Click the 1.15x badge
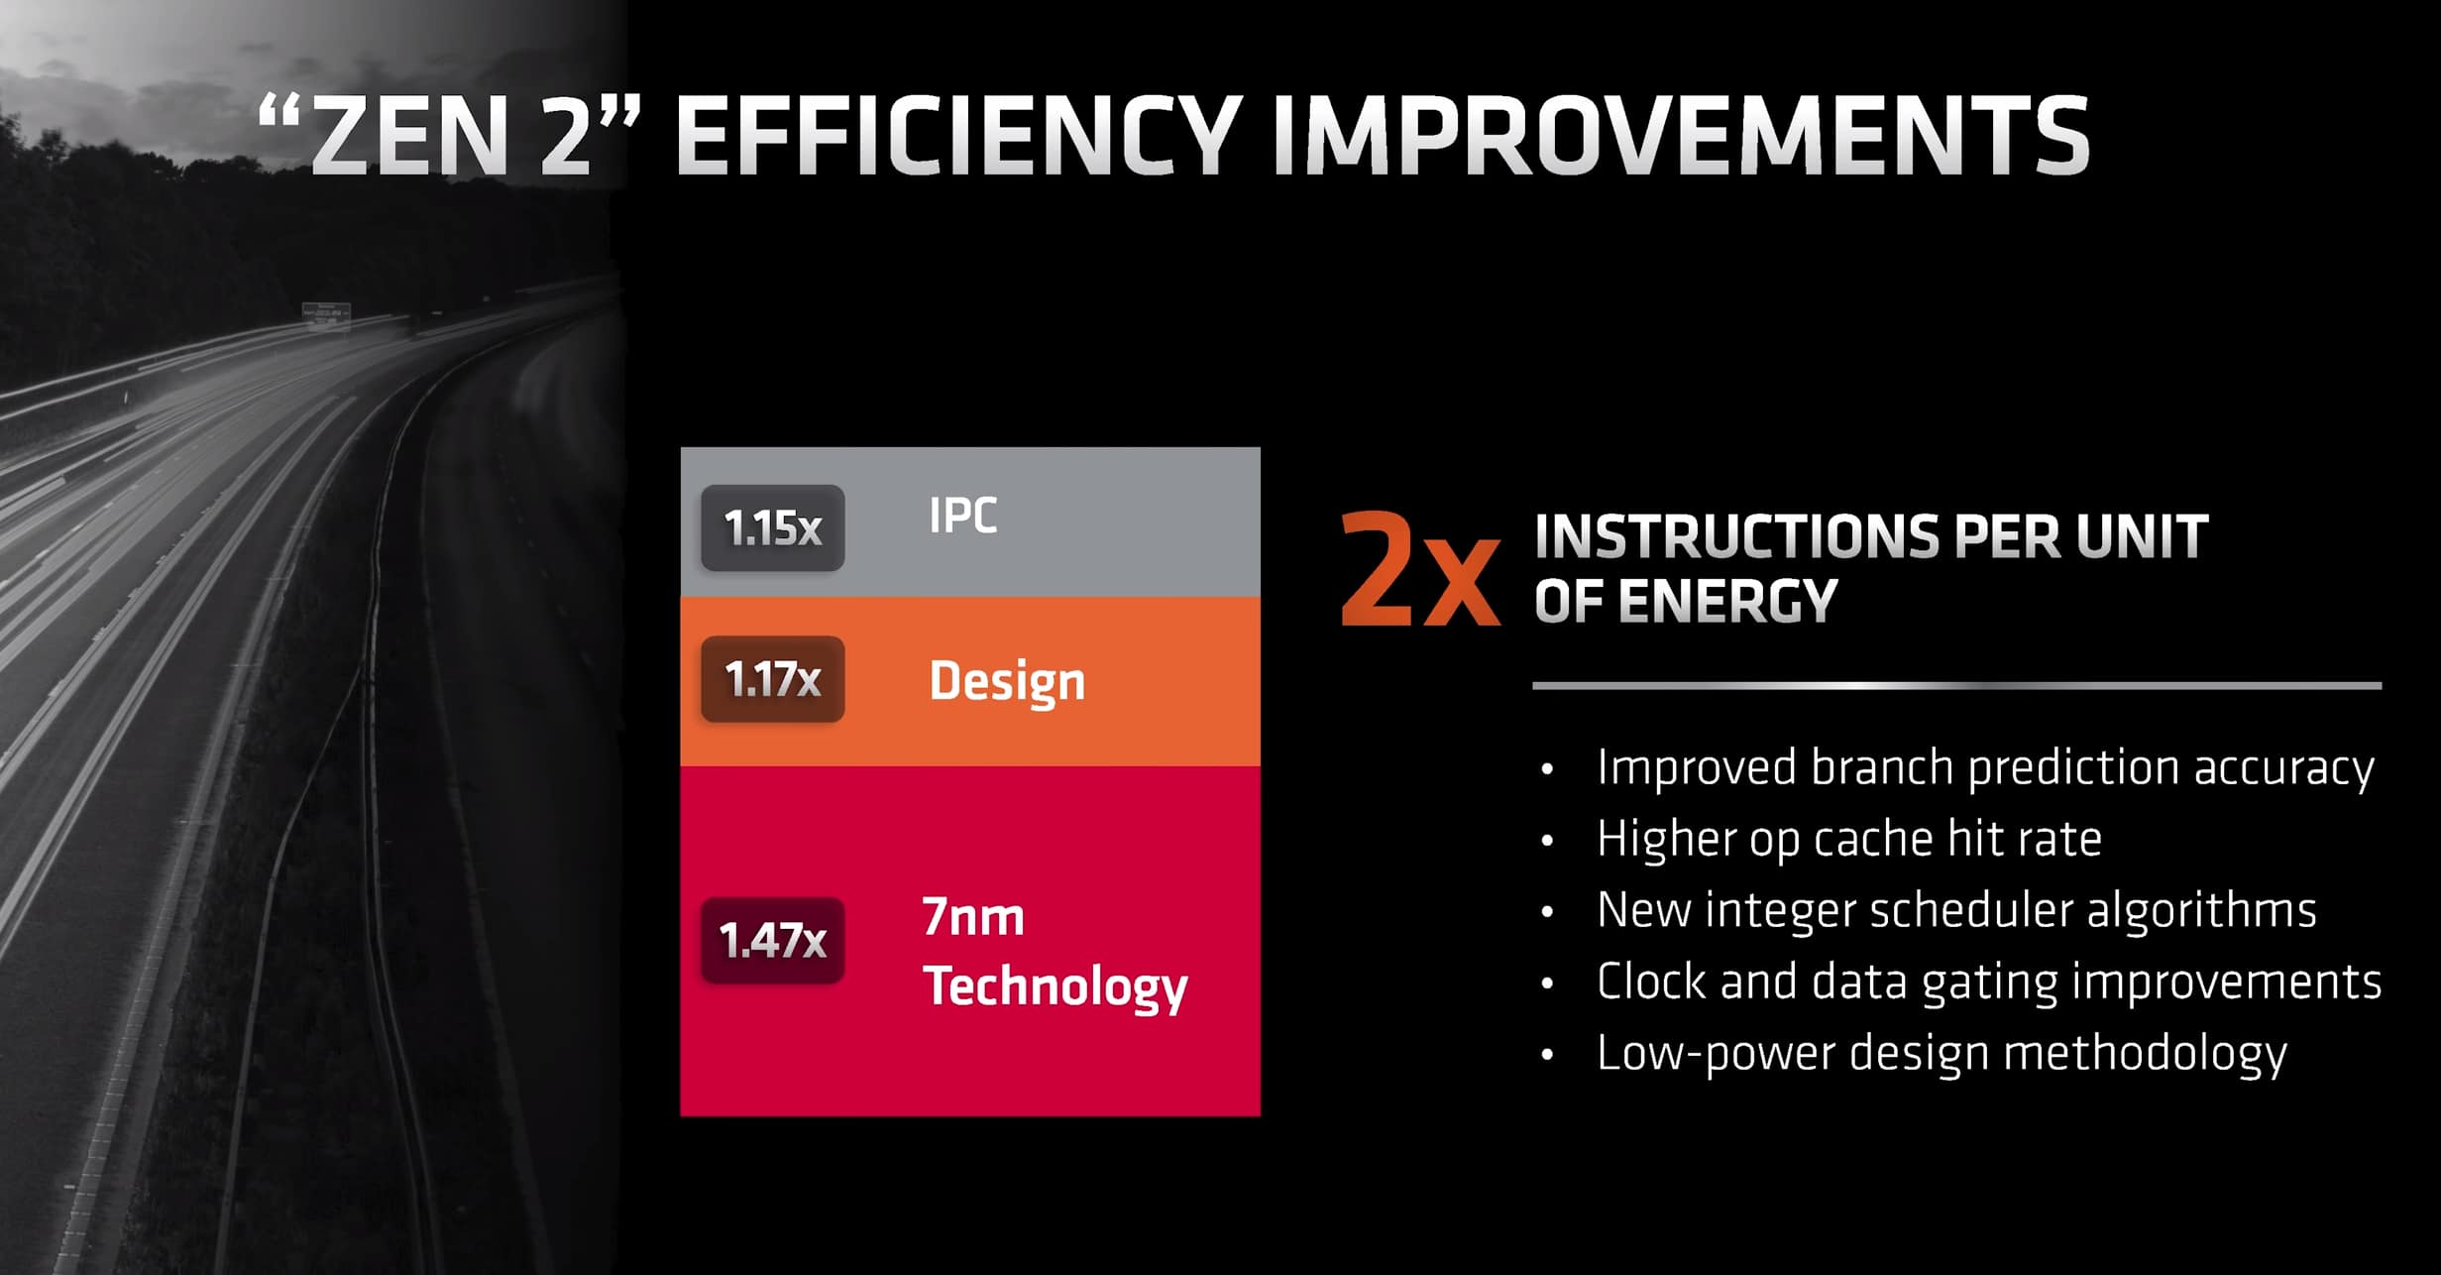point(772,528)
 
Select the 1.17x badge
point(772,680)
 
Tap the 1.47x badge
point(772,941)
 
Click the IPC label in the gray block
point(962,516)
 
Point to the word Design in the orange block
point(1007,682)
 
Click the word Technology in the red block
point(1054,987)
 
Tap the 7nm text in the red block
point(972,917)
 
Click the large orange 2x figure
point(1418,572)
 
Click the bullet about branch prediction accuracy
point(1985,768)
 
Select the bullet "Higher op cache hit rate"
point(1848,840)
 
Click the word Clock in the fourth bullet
point(1651,982)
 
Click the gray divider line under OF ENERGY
point(1956,685)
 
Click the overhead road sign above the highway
point(326,311)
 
